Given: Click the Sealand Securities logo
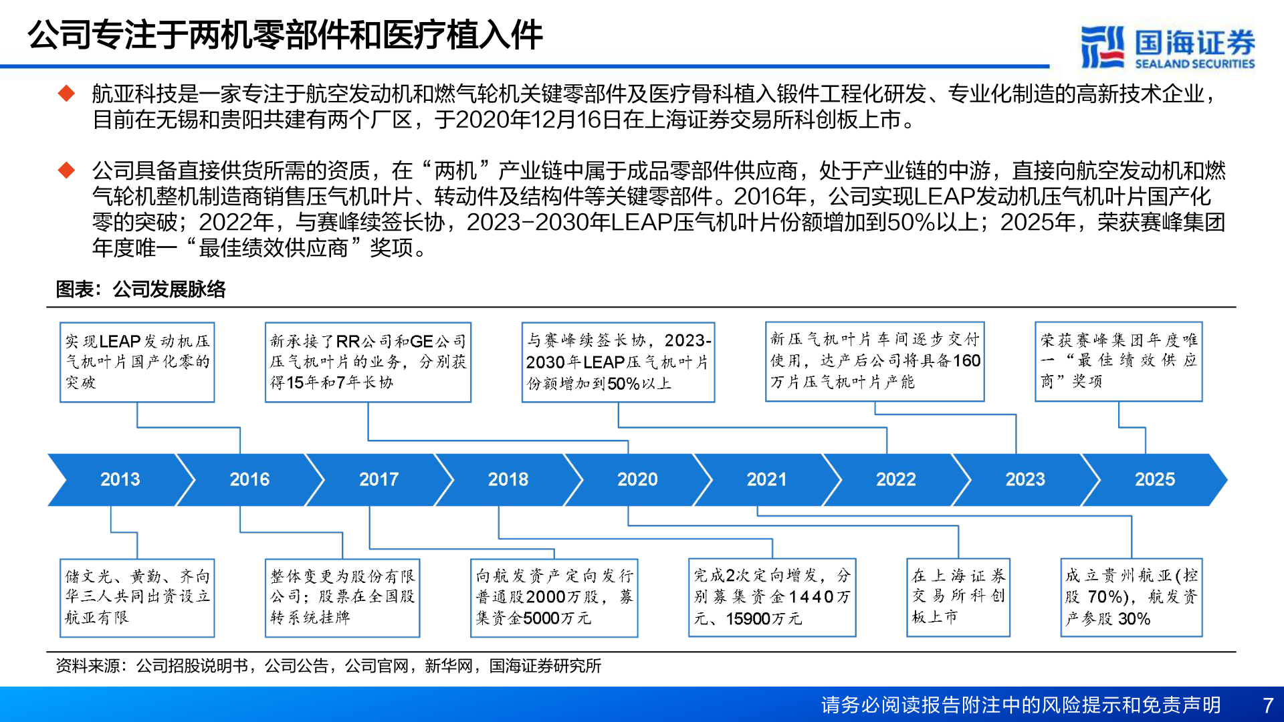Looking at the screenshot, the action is click(1168, 47).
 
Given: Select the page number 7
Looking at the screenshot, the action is click(1268, 705).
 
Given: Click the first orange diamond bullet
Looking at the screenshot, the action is click(67, 93).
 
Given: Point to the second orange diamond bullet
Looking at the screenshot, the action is click(67, 170).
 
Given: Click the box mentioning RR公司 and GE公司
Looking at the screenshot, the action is click(368, 362).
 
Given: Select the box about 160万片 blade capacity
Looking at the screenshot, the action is click(875, 361).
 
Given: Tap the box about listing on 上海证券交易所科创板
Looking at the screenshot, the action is click(958, 597).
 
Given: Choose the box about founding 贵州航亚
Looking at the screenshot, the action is click(1132, 597).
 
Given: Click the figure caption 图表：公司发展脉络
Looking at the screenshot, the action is click(141, 289).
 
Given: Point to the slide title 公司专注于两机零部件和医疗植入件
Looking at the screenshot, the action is click(285, 35).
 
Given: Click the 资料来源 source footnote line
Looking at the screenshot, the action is click(328, 666).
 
